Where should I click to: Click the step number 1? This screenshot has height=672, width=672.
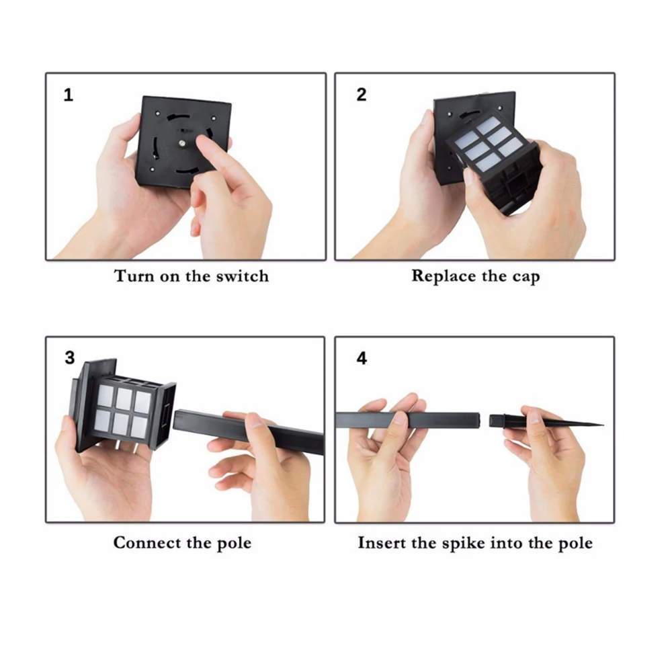[68, 95]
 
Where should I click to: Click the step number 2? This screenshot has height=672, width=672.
[362, 95]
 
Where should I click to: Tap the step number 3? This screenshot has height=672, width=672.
[69, 358]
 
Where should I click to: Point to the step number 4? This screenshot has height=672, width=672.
[362, 358]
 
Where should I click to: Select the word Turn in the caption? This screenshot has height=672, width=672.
[134, 276]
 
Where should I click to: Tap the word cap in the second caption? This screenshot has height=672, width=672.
[526, 278]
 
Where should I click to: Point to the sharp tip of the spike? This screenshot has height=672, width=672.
[603, 425]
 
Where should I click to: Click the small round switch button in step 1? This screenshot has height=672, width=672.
[183, 143]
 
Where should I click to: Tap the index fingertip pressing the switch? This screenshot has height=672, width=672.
[203, 140]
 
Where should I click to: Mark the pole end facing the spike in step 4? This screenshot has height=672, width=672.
[478, 420]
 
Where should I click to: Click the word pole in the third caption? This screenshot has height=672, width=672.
[234, 544]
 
